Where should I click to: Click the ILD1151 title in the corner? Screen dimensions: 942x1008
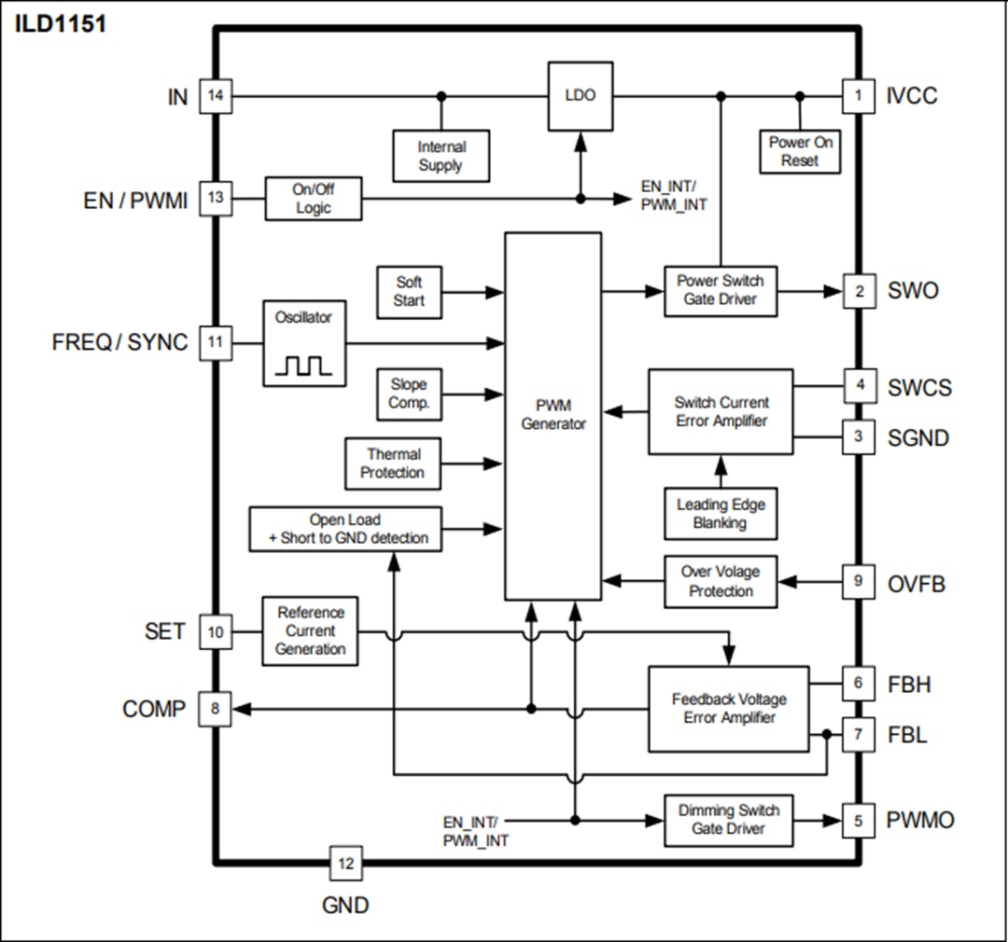61,24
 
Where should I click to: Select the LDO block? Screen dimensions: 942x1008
580,96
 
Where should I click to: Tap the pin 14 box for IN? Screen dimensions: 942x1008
216,96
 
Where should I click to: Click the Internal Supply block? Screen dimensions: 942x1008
441,156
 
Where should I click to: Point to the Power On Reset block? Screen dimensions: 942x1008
800,151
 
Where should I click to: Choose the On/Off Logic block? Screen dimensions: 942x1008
313,198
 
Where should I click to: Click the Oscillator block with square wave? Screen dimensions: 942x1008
303,342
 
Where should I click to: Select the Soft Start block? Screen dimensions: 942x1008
409,291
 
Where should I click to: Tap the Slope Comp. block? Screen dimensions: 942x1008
409,394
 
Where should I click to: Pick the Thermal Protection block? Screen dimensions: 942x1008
393,464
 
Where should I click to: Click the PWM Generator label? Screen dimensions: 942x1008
553,415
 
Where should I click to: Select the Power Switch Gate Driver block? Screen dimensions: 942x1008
720,290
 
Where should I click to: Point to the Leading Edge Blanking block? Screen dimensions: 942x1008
720,514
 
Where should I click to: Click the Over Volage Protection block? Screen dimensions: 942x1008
720,582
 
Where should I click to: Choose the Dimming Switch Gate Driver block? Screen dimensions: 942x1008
728,820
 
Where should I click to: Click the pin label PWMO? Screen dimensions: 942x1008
920,821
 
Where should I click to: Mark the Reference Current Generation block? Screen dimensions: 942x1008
311,631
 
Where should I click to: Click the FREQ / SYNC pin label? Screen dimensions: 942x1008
119,342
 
